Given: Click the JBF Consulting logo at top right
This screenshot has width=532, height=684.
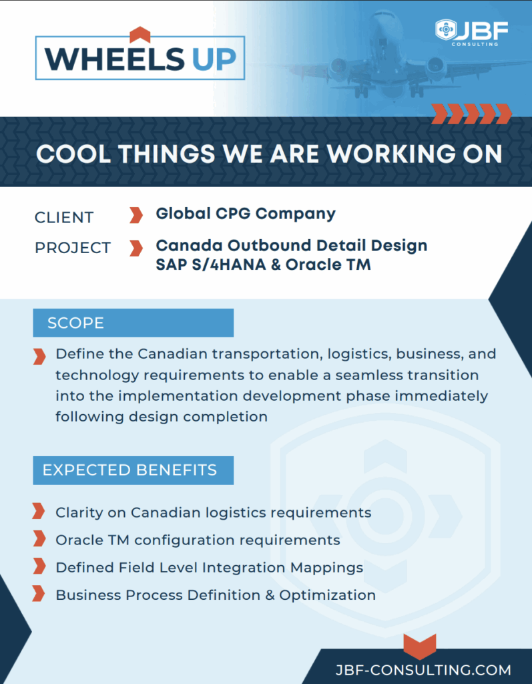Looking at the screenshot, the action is (x=472, y=32).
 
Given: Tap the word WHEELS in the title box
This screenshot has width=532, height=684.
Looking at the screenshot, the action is (x=115, y=59).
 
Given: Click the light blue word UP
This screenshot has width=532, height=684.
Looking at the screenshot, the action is (x=214, y=59).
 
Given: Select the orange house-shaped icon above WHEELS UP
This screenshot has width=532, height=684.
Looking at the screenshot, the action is (x=140, y=35).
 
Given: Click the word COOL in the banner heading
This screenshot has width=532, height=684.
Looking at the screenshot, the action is (x=73, y=154).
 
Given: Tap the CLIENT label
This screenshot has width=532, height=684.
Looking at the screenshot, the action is (x=64, y=217).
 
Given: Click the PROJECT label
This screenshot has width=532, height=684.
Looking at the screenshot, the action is (x=73, y=248).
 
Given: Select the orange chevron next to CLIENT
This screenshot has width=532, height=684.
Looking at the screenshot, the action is (x=136, y=215).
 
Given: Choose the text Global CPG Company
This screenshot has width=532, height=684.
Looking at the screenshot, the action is (x=246, y=214).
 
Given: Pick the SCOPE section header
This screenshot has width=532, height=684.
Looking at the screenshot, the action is (x=134, y=323).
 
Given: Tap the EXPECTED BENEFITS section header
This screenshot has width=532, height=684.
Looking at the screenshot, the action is (x=134, y=470).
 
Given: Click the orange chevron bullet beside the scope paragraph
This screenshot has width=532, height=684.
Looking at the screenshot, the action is (x=39, y=357).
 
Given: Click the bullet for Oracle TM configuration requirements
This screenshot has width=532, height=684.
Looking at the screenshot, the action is (x=39, y=539).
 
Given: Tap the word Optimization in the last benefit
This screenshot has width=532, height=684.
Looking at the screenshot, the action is (x=328, y=595).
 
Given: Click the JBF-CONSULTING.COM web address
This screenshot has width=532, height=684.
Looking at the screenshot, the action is (x=423, y=670).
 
